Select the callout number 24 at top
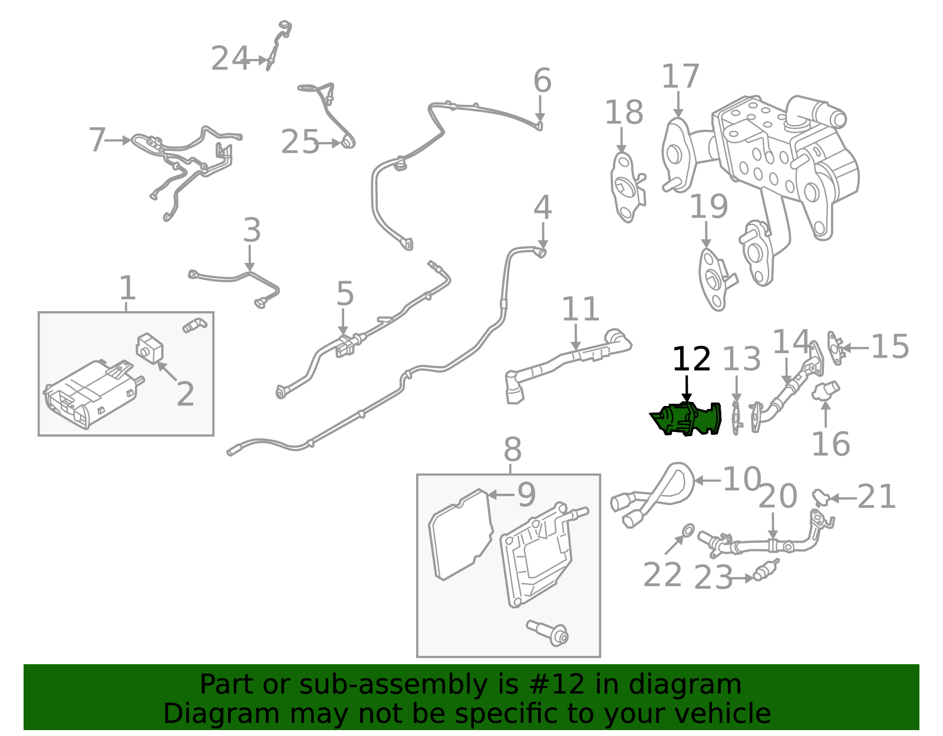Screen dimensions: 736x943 [x=230, y=59]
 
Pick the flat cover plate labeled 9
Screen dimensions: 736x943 [x=461, y=533]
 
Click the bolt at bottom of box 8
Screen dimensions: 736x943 [x=548, y=633]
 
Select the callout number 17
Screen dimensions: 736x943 [x=680, y=77]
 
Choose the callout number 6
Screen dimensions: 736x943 [x=542, y=81]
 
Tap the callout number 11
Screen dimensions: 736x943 [x=580, y=309]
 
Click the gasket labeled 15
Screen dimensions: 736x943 [x=835, y=348]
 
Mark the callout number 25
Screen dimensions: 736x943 [x=299, y=142]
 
